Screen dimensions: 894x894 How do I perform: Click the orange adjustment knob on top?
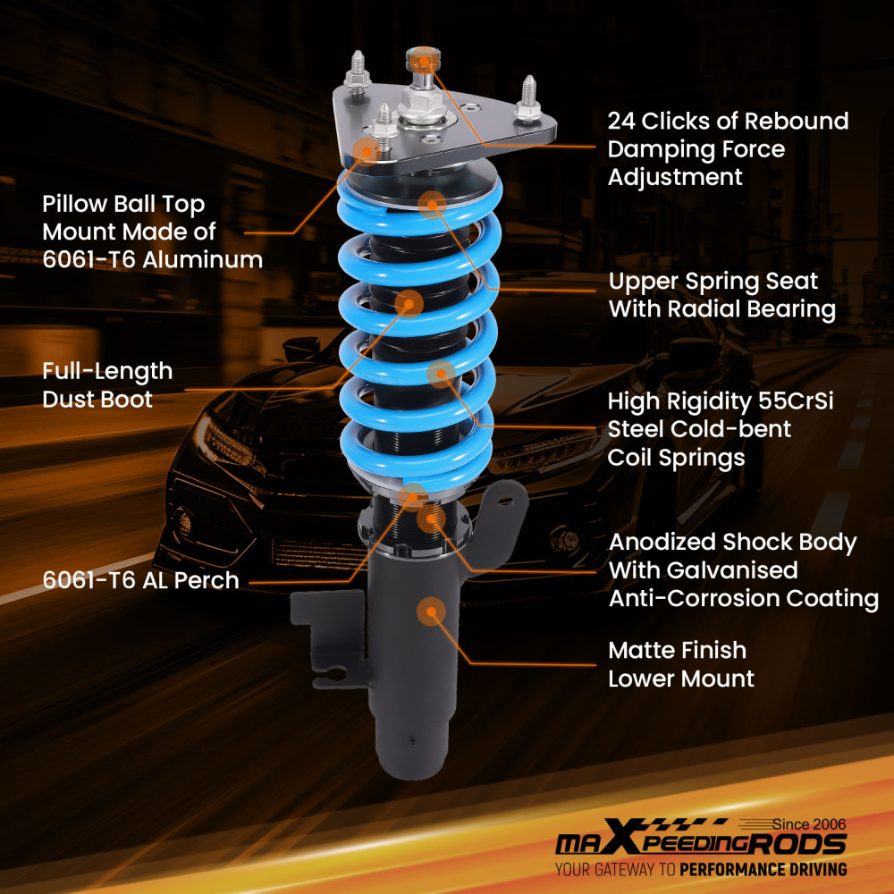click(x=418, y=61)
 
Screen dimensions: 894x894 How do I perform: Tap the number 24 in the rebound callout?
click(x=623, y=121)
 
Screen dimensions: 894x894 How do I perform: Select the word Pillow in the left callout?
click(x=77, y=204)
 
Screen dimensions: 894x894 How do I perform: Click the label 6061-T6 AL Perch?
click(x=141, y=580)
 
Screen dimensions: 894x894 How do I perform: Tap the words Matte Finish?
click(x=677, y=650)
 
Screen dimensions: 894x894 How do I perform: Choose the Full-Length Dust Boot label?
click(x=107, y=384)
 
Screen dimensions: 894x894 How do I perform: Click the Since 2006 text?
click(x=809, y=823)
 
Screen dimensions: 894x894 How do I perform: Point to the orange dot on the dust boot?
click(x=409, y=304)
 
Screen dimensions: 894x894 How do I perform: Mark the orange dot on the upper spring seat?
click(x=432, y=204)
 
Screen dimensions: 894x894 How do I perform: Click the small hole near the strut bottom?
click(x=411, y=739)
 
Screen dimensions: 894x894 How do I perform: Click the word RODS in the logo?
click(x=803, y=844)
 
